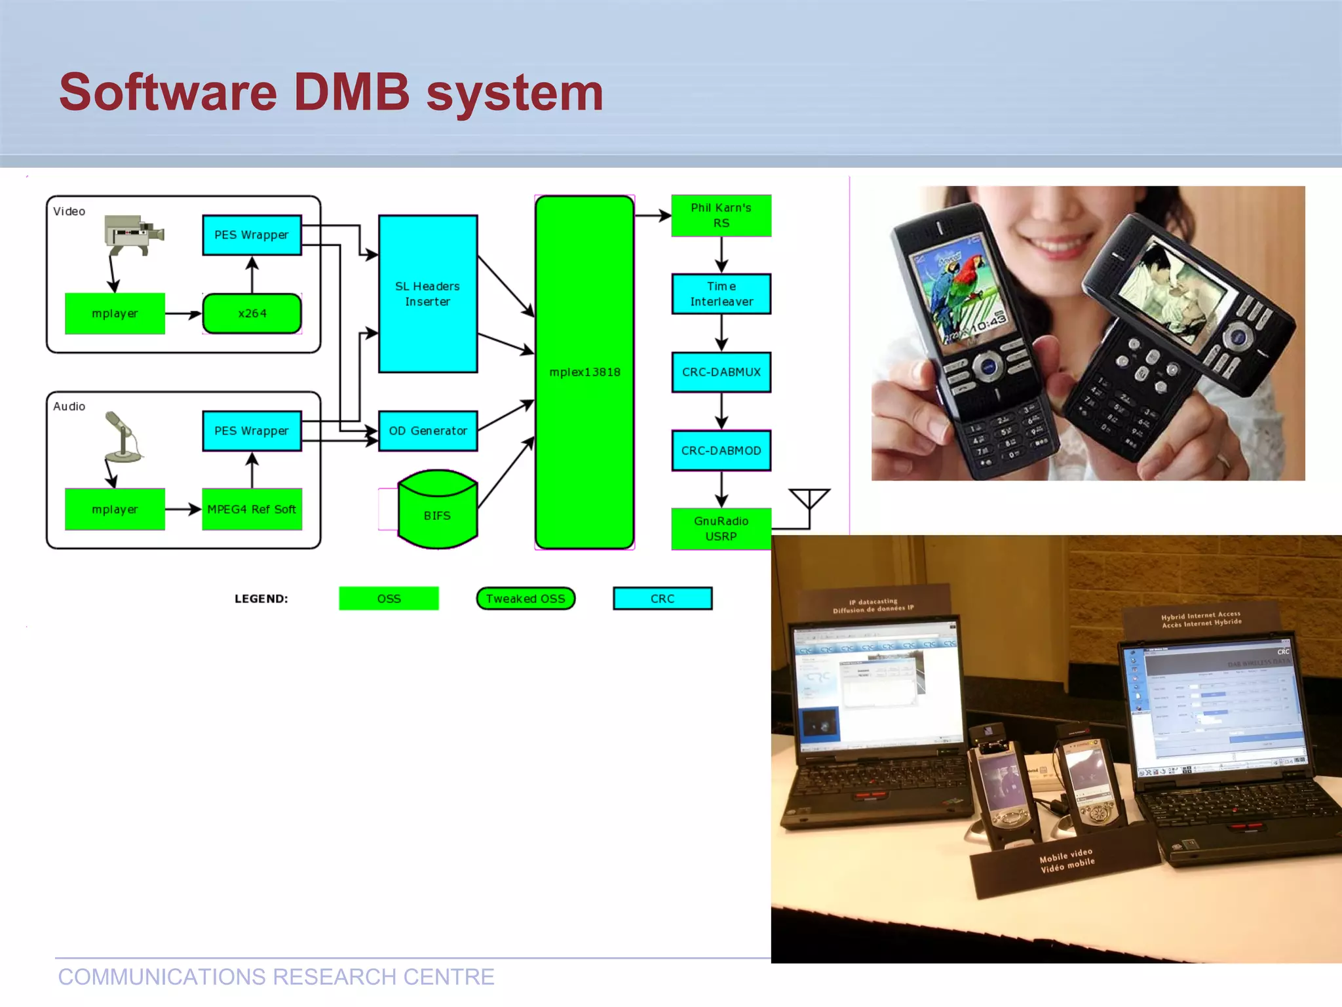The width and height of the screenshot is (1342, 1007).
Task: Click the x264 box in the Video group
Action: point(252,313)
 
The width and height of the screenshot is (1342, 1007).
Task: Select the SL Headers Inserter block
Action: point(427,294)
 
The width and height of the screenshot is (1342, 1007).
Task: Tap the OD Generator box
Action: point(427,431)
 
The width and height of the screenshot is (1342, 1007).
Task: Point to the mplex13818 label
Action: point(585,372)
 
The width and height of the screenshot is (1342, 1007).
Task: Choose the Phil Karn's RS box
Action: point(721,215)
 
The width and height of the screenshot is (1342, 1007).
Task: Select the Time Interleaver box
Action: point(721,294)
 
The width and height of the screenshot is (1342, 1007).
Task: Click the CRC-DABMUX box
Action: point(721,372)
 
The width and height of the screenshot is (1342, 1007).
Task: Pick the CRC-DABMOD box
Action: point(721,450)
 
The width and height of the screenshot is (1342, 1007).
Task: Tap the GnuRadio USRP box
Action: point(721,528)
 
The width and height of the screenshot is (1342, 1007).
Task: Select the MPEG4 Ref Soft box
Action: point(252,509)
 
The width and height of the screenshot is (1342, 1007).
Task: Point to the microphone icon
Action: point(123,437)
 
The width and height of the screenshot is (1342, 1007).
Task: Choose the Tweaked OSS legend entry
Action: point(526,599)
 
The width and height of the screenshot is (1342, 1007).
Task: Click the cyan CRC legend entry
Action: point(662,599)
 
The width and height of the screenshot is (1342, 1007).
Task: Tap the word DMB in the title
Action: point(351,92)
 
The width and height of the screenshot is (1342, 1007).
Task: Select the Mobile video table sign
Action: point(1067,861)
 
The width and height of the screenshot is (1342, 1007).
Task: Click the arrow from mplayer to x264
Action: point(183,314)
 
